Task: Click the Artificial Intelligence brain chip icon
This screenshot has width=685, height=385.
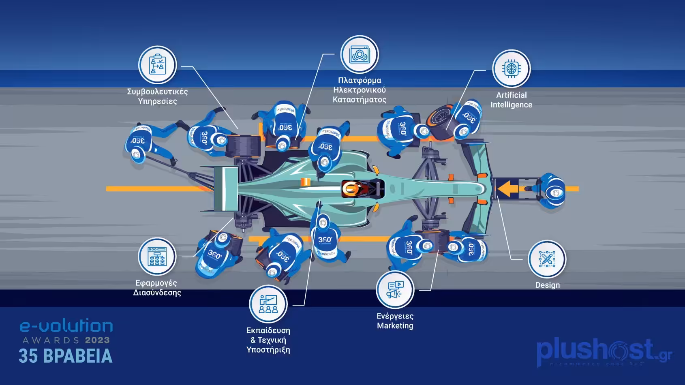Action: [x=511, y=68]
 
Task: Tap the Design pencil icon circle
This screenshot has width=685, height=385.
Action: [x=547, y=259]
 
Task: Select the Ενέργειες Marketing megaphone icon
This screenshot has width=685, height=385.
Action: [x=395, y=290]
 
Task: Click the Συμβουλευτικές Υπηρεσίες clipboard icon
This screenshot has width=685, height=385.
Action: [x=157, y=65]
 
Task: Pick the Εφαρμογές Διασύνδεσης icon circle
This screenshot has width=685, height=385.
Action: [x=157, y=257]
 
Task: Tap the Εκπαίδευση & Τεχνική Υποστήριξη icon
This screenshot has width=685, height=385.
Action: [x=268, y=304]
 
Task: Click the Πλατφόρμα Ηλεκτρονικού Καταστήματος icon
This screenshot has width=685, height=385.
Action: [x=359, y=54]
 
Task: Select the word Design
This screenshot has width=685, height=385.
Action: [x=547, y=285]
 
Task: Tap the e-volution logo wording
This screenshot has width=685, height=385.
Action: [x=66, y=326]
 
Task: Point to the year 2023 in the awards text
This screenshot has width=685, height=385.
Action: [x=97, y=340]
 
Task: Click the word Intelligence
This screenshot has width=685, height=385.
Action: [x=511, y=105]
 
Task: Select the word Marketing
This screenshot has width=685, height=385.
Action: [x=395, y=326]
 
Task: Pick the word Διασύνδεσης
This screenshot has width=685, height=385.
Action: [x=157, y=293]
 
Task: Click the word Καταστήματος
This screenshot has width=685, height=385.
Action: [x=359, y=100]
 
